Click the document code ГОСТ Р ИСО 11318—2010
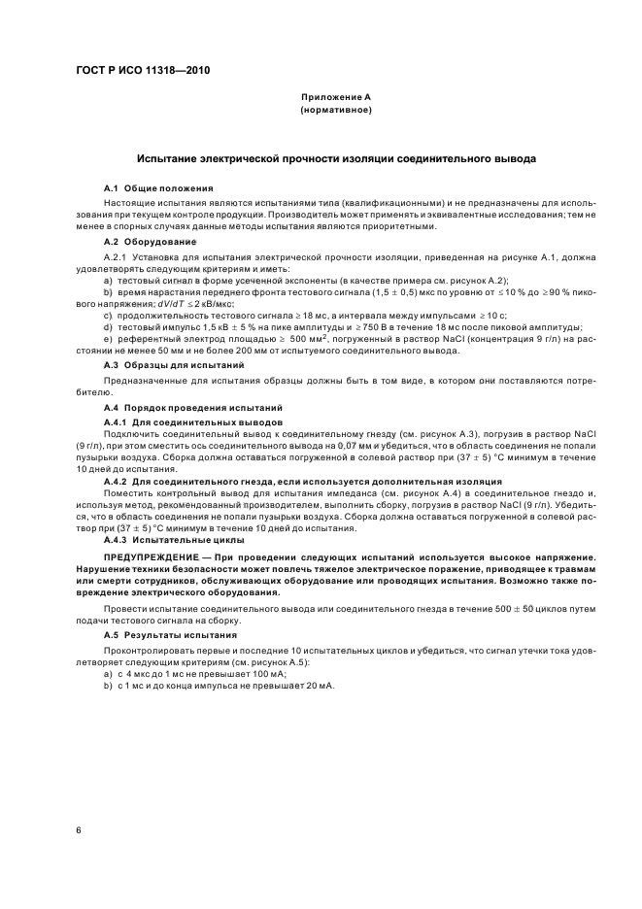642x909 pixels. click(x=143, y=72)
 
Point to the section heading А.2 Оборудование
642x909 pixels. click(x=151, y=240)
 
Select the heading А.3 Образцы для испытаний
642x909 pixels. click(x=174, y=364)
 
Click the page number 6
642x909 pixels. click(x=77, y=830)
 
